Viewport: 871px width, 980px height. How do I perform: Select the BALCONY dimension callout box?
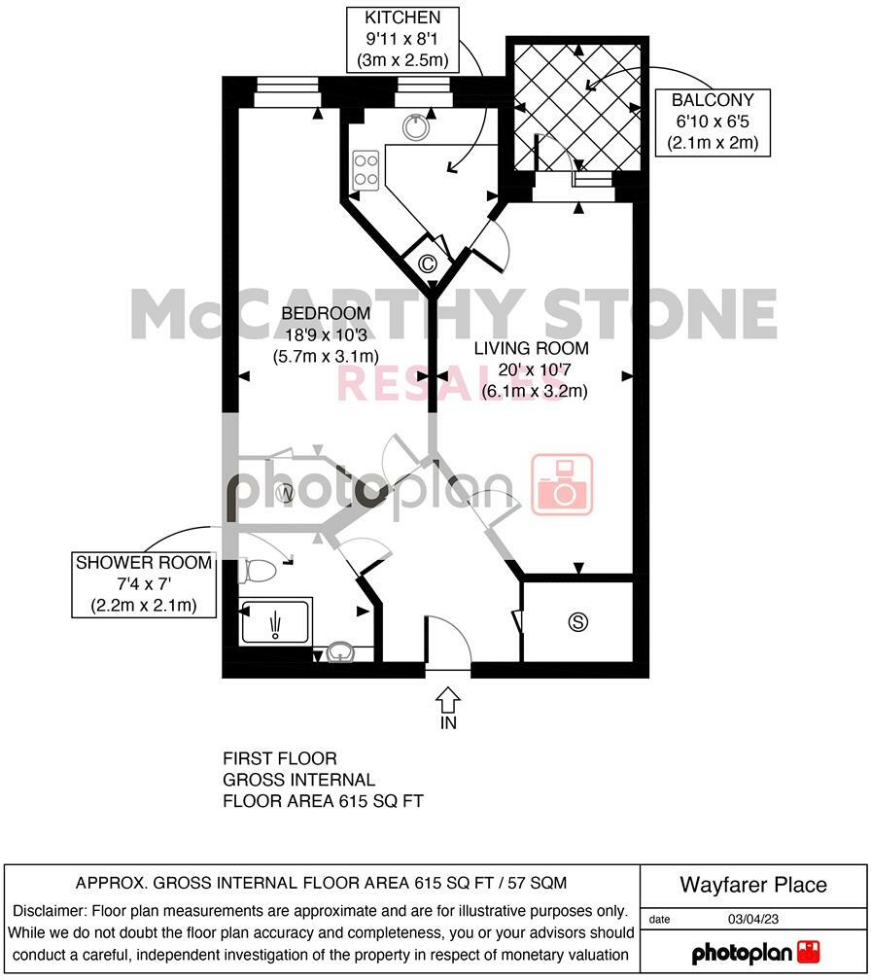pos(713,122)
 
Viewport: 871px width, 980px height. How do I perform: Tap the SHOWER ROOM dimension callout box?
pos(144,584)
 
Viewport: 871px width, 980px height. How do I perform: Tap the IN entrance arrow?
pos(448,701)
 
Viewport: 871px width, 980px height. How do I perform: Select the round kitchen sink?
pos(418,127)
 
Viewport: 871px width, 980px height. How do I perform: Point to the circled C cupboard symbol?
pos(427,262)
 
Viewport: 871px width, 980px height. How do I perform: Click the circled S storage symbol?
pos(579,622)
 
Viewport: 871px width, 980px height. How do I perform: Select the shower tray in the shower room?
pos(276,620)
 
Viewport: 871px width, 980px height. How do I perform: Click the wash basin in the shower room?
pos(340,652)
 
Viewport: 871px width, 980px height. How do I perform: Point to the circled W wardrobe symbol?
pos(286,494)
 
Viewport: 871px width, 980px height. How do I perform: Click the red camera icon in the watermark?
pos(562,484)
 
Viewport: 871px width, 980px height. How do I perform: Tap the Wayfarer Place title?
pos(753,885)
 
